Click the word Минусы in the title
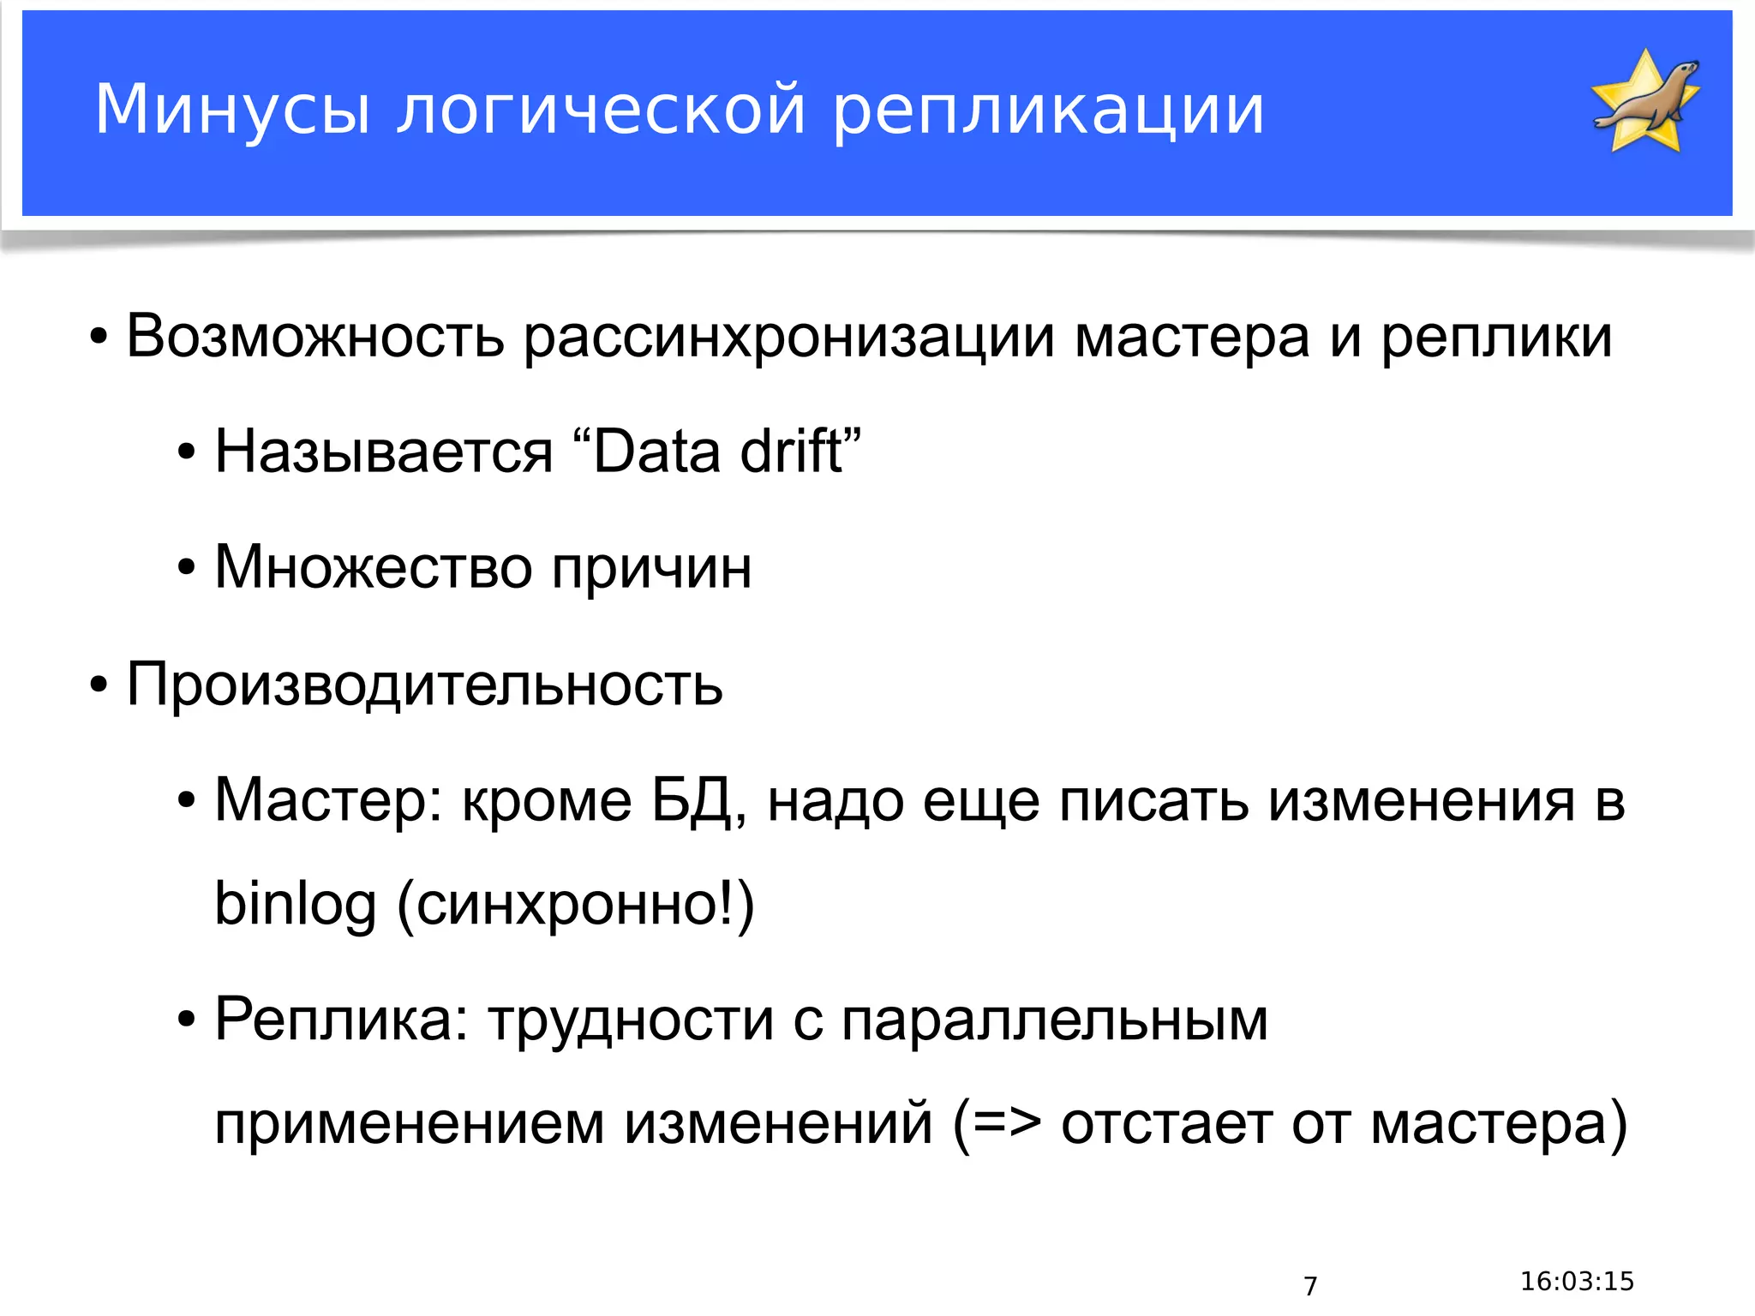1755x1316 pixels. click(x=232, y=110)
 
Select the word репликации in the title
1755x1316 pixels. click(x=1048, y=110)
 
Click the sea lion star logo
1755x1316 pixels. click(x=1645, y=101)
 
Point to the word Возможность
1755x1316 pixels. click(x=315, y=336)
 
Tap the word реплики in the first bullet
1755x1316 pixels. click(x=1496, y=336)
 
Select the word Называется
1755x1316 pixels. click(x=383, y=452)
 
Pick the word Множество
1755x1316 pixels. click(x=373, y=567)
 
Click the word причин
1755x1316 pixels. click(x=651, y=567)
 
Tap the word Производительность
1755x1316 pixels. click(x=424, y=685)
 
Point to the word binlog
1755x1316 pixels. click(x=295, y=905)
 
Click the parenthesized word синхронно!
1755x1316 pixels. click(x=575, y=905)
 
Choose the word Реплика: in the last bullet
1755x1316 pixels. click(x=341, y=1020)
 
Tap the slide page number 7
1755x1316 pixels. click(x=1310, y=1286)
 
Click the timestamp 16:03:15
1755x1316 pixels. click(x=1577, y=1281)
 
